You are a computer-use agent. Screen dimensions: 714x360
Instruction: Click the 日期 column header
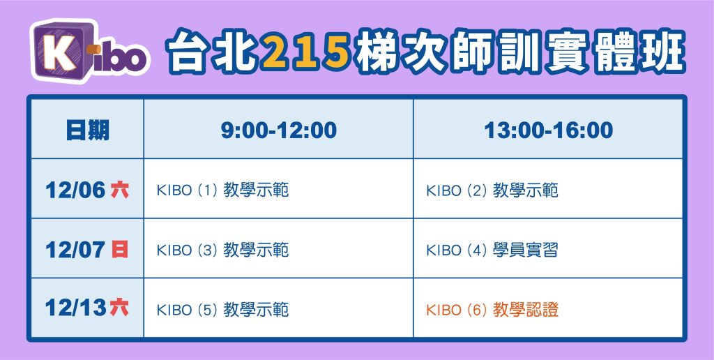[x=87, y=130]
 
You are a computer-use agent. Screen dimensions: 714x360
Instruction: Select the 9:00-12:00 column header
[x=279, y=130]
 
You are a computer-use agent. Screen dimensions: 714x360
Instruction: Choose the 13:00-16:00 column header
[x=548, y=130]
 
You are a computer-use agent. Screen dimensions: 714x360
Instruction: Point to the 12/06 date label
[x=75, y=190]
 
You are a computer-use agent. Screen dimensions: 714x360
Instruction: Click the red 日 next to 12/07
[x=120, y=250]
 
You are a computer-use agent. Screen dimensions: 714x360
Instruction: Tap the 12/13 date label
[x=75, y=308]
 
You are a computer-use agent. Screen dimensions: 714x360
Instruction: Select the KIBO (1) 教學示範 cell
[x=222, y=190]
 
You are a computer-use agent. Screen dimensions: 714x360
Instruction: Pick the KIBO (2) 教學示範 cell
[x=492, y=190]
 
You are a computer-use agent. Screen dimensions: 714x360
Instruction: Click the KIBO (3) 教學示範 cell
[x=222, y=250]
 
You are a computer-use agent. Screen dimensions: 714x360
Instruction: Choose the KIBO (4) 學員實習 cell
[x=492, y=250]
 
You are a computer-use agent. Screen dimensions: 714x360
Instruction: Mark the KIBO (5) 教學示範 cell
[x=222, y=310]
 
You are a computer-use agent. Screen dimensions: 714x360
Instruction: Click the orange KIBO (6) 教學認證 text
[x=492, y=310]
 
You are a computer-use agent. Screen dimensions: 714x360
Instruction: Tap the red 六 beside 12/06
[x=120, y=190]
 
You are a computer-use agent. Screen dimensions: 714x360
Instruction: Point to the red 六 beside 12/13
[x=120, y=308]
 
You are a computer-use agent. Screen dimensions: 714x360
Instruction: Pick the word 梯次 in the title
[x=402, y=52]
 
